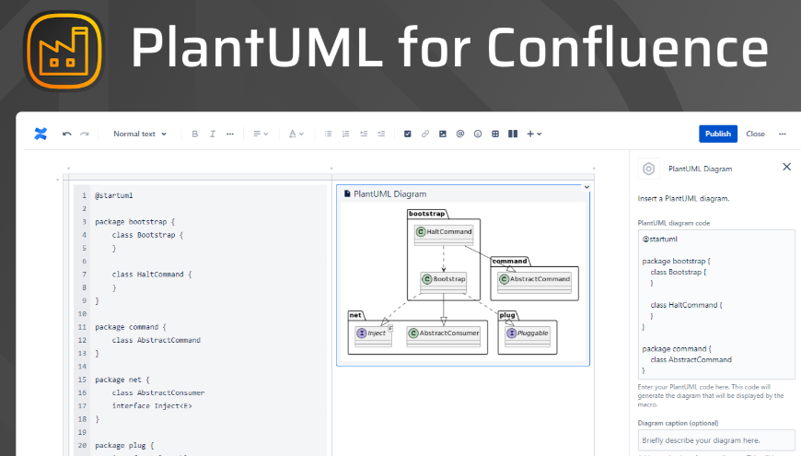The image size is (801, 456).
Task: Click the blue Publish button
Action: [x=717, y=134]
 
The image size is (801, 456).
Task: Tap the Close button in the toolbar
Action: [x=755, y=134]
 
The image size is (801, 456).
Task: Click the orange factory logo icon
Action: [x=64, y=48]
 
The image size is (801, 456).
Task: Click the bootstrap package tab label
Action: [x=426, y=214]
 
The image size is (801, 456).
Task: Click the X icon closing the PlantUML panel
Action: [x=786, y=167]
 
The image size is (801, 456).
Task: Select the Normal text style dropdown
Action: [x=140, y=134]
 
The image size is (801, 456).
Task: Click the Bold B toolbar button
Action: [x=194, y=134]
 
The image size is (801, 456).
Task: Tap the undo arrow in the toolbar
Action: [x=66, y=134]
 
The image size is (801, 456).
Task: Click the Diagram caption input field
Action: [x=715, y=440]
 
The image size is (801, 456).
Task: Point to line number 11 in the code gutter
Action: [x=83, y=327]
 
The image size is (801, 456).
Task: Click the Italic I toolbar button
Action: [x=212, y=134]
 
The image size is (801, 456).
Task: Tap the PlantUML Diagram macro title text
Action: [x=389, y=193]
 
